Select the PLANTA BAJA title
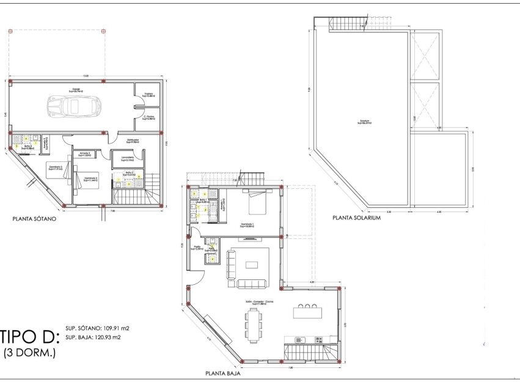pyautogui.click(x=222, y=372)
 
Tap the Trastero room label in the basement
pyautogui.click(x=147, y=95)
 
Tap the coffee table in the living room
pyautogui.click(x=252, y=265)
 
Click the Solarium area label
pyautogui.click(x=364, y=122)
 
